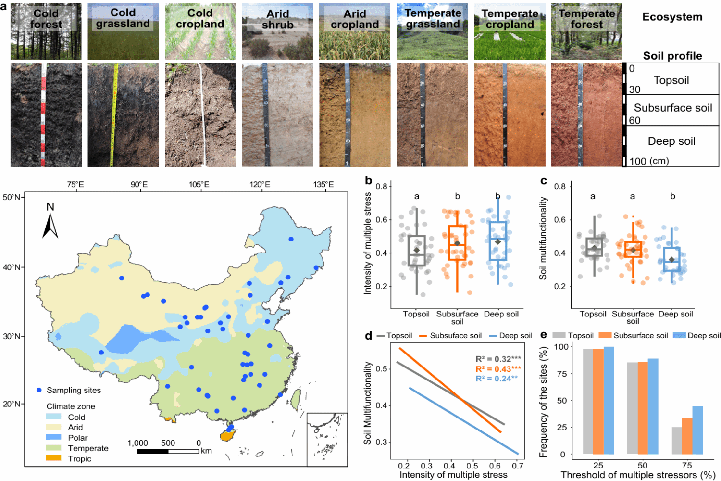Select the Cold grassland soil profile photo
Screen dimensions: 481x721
[123, 115]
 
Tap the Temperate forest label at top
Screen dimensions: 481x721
[586, 19]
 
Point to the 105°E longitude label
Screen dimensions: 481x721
[199, 185]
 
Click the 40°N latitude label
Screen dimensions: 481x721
[11, 267]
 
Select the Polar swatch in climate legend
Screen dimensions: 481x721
[54, 437]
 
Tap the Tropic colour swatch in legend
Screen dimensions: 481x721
[54, 458]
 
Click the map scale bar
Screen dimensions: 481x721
[168, 451]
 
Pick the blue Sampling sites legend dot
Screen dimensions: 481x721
[39, 390]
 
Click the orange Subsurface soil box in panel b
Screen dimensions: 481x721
[457, 242]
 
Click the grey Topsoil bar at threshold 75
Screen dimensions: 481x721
[676, 440]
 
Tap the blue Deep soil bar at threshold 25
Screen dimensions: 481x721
[609, 400]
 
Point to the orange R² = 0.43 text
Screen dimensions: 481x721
[498, 369]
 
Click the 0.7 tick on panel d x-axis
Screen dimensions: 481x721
[518, 466]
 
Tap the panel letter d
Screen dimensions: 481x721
[368, 335]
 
